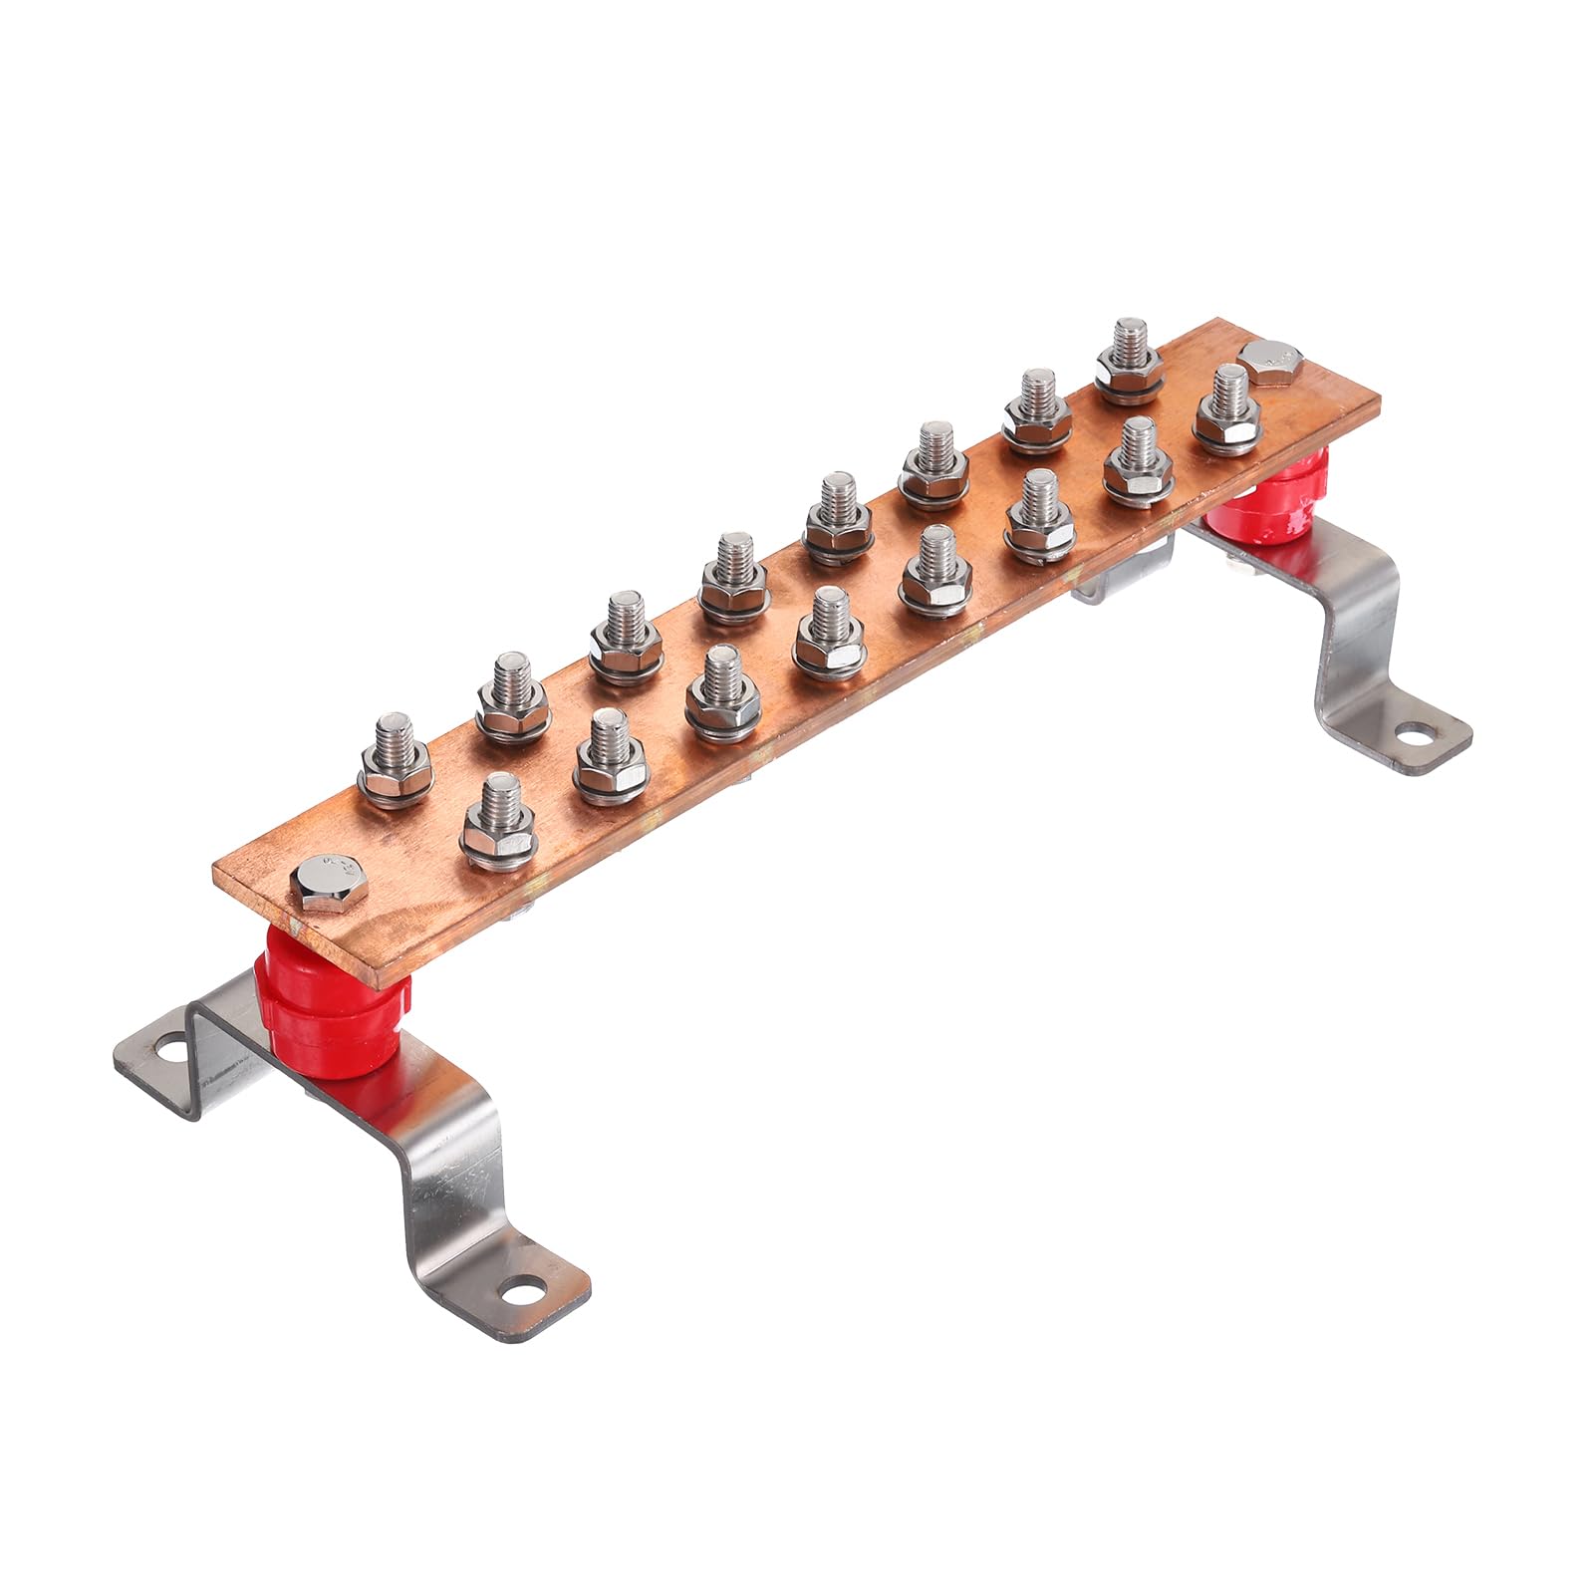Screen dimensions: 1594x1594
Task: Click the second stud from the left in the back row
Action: pyautogui.click(x=510, y=696)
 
